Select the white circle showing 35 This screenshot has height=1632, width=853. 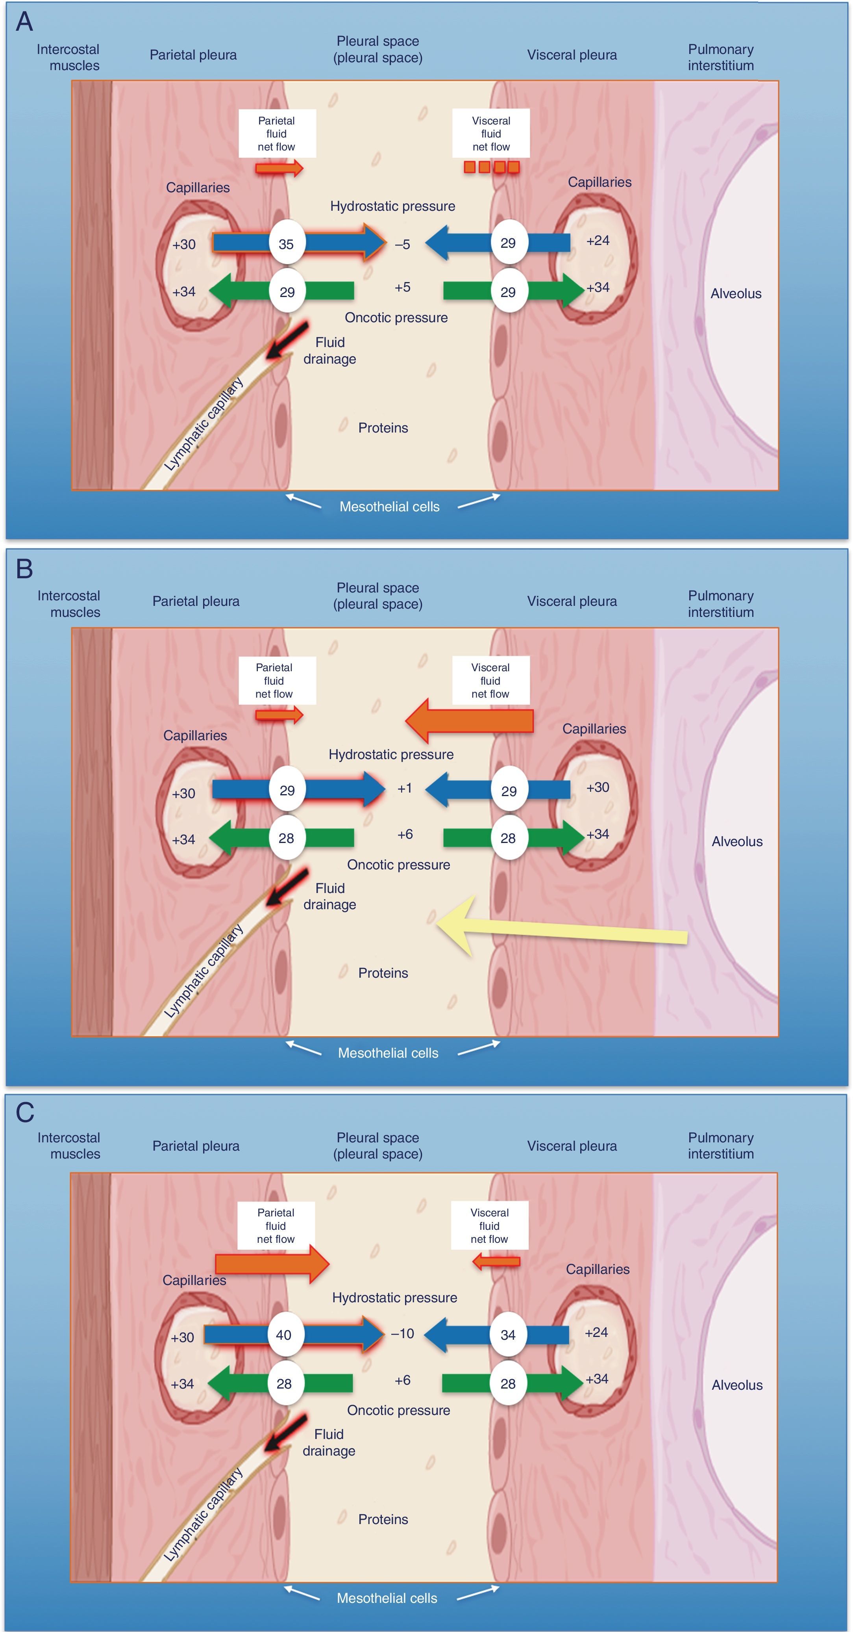point(286,244)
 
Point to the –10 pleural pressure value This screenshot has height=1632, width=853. point(402,1333)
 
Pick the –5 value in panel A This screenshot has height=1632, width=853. point(402,244)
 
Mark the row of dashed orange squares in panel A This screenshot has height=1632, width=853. point(491,167)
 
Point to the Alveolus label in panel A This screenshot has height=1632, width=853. point(735,293)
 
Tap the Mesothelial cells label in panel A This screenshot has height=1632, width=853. point(389,506)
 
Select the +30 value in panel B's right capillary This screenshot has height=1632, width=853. point(597,787)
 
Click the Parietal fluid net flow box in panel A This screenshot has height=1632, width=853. point(277,134)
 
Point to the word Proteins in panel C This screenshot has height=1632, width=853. point(383,1519)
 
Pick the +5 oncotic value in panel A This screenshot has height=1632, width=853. point(402,287)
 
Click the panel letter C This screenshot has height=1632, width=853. point(25,1112)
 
